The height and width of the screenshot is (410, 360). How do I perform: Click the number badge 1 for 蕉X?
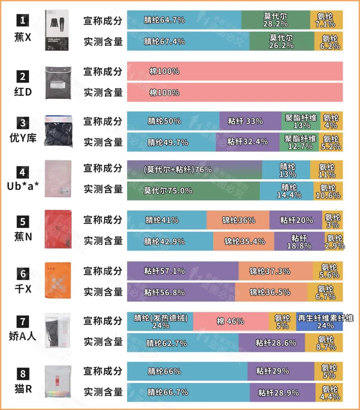[x=23, y=20]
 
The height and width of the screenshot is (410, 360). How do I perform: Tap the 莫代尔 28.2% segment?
[x=276, y=20]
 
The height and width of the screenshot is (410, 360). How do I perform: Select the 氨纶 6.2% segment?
[x=329, y=41]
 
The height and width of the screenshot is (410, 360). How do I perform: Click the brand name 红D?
[x=23, y=91]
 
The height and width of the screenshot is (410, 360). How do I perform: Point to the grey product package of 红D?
[x=58, y=82]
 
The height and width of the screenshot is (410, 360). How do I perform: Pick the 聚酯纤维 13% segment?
[x=301, y=121]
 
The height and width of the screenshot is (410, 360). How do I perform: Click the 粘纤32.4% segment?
[x=247, y=142]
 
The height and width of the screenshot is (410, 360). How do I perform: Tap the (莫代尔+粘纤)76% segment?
[x=194, y=169]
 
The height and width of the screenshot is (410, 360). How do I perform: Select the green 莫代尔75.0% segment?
[x=193, y=190]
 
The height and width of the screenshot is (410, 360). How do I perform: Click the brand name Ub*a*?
[x=23, y=186]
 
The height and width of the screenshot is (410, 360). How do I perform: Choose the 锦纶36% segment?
[x=238, y=220]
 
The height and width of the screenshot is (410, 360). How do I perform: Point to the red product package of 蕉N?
[x=58, y=229]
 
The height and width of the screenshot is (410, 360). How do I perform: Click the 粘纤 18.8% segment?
[x=299, y=242]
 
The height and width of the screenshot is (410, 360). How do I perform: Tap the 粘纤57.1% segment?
[x=183, y=271]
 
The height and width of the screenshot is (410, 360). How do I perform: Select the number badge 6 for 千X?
[x=23, y=274]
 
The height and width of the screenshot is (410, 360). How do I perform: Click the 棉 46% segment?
[x=231, y=321]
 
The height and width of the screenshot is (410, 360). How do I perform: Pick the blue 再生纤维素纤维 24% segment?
[x=319, y=321]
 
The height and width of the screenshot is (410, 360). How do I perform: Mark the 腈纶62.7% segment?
[x=183, y=343]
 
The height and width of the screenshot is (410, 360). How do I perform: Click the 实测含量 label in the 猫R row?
[x=103, y=392]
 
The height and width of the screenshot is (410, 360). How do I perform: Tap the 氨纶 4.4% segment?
[x=329, y=393]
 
